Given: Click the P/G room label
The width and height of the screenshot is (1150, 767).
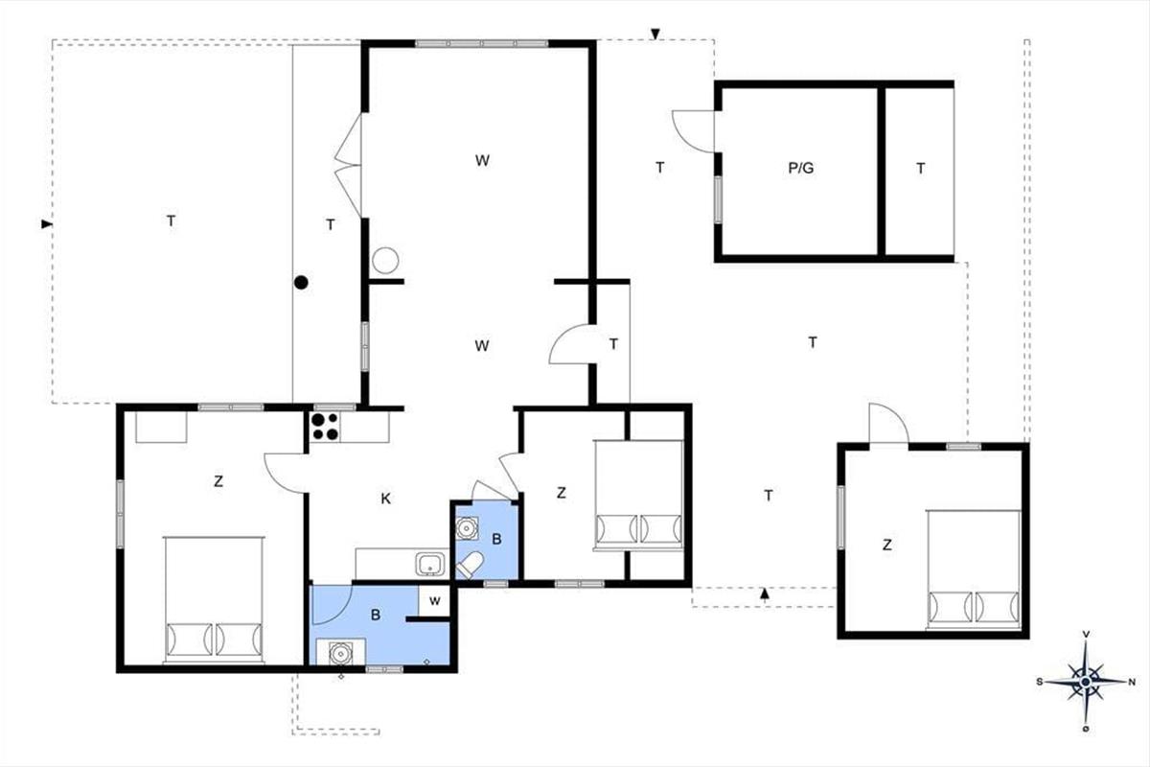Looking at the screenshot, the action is point(801,168).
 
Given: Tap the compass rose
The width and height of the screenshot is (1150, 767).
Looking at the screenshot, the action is point(1085,682).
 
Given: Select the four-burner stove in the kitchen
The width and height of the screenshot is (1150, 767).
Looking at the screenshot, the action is point(325,427).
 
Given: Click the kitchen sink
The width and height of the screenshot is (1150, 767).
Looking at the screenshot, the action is point(430,564).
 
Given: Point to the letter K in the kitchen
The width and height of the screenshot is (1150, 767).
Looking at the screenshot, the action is point(386,499).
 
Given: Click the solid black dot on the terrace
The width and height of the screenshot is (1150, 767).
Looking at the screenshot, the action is point(301,282).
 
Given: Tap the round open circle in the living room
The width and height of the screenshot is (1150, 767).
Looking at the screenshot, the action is point(385,261).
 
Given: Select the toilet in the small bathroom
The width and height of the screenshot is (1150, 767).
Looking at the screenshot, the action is point(470,565).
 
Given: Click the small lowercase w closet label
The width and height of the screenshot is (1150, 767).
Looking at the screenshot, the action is point(435,600).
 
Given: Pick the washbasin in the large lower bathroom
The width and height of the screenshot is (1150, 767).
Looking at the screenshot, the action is point(339,654).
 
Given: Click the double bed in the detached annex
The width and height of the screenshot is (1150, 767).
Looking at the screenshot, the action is point(974,569).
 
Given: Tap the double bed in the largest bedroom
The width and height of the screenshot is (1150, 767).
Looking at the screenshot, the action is point(215,599).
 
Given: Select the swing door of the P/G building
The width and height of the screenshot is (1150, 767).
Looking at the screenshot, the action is point(693,131).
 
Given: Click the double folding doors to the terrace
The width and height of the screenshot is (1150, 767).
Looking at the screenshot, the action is point(349,165).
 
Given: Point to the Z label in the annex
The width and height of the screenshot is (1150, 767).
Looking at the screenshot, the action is point(887,545).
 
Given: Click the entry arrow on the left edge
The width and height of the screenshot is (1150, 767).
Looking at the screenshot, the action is point(47,224).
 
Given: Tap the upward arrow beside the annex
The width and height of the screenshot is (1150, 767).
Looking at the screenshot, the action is point(765,593).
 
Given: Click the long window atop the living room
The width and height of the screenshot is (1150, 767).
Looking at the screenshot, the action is point(481,44).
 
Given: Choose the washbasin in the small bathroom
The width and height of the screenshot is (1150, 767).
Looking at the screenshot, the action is point(467,528).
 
